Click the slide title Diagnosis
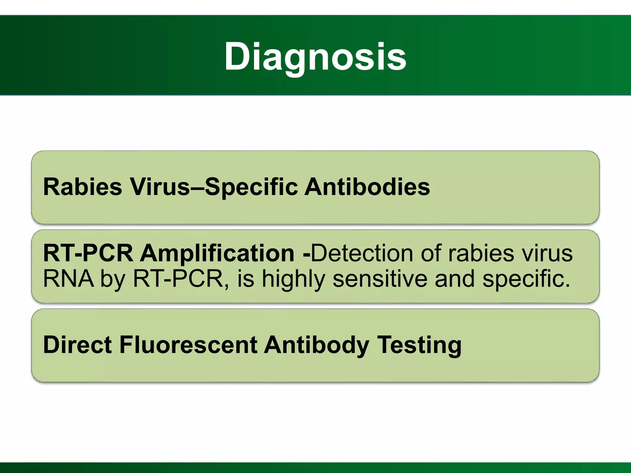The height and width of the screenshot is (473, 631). tap(315, 57)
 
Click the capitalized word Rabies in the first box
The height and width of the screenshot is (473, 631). tap(83, 187)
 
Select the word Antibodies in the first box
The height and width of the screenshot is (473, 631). tap(367, 187)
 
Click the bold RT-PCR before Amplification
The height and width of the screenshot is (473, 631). tap(88, 253)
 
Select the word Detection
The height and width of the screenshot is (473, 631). tap(362, 253)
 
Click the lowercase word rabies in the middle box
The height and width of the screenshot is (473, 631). tap(481, 253)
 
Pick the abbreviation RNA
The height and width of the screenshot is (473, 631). tap(68, 279)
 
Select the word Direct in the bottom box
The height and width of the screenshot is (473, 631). tap(77, 345)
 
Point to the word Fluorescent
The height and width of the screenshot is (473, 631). tap(188, 345)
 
